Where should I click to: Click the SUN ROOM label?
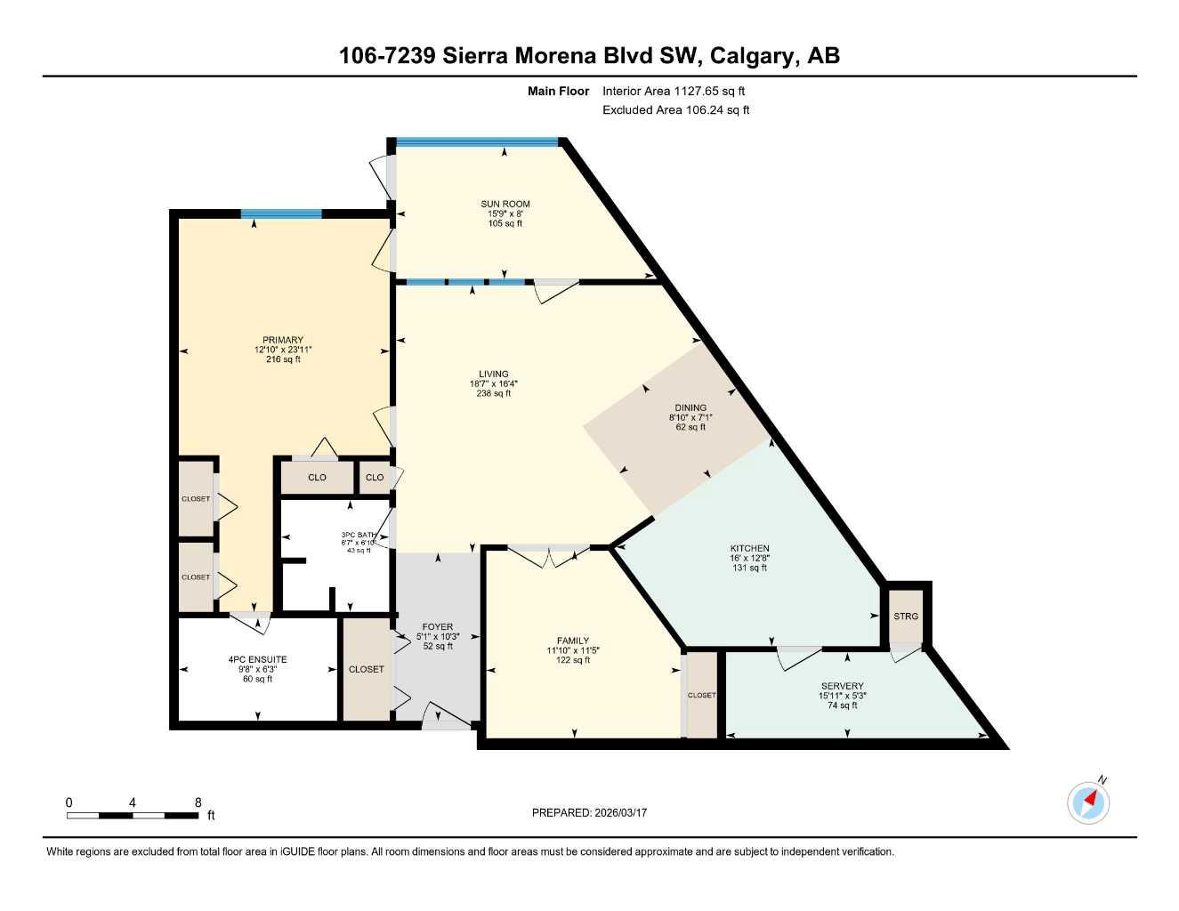coord(505,204)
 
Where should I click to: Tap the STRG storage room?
coord(906,617)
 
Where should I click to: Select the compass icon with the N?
coord(1088,802)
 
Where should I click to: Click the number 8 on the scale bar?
coord(198,802)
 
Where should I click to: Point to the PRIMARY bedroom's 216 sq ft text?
coord(283,359)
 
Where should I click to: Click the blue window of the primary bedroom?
coord(281,214)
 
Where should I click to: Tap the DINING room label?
coord(690,407)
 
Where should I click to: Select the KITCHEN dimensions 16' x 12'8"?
coord(749,558)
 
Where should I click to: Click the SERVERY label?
coord(842,686)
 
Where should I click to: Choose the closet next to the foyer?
coord(366,669)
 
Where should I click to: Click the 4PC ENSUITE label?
coord(257,660)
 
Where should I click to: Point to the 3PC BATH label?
coord(359,535)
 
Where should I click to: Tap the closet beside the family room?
coord(701,695)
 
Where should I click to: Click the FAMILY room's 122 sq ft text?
coord(572,660)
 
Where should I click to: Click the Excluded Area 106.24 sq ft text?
coord(675,110)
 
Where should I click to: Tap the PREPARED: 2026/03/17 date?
coord(589,812)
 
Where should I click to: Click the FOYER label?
coord(437,626)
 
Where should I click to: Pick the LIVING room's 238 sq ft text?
coord(493,393)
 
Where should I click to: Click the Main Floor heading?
coord(558,91)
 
